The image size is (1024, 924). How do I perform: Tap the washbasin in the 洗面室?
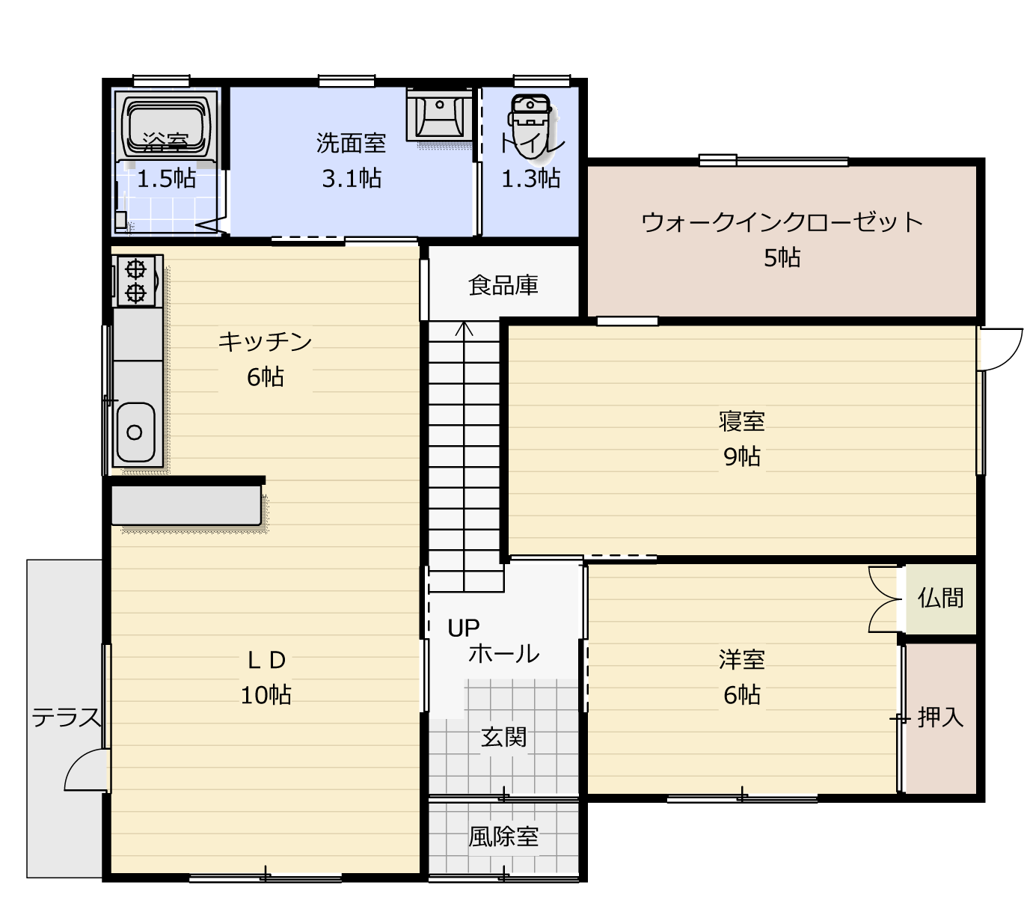(x=439, y=114)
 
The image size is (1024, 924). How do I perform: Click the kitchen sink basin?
(x=135, y=432)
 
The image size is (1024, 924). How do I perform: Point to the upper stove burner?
(x=136, y=269)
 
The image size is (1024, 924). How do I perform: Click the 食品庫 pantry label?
(x=503, y=285)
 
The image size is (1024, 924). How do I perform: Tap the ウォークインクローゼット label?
(x=782, y=222)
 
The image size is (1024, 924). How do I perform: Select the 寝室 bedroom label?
(x=742, y=421)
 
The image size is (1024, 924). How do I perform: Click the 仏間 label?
(x=940, y=598)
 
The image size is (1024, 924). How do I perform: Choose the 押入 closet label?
(x=940, y=718)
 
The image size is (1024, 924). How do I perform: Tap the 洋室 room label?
(x=742, y=659)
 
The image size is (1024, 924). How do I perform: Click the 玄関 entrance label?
(x=503, y=738)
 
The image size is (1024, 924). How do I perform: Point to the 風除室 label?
(x=503, y=836)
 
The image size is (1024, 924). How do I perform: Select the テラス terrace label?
(x=67, y=718)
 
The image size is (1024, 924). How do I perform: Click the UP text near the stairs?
(x=464, y=628)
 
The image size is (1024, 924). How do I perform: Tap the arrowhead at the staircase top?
(x=464, y=327)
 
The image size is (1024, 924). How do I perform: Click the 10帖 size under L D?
(x=266, y=695)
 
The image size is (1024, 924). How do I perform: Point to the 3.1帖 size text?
(x=352, y=179)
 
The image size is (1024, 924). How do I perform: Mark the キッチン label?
(x=266, y=341)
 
